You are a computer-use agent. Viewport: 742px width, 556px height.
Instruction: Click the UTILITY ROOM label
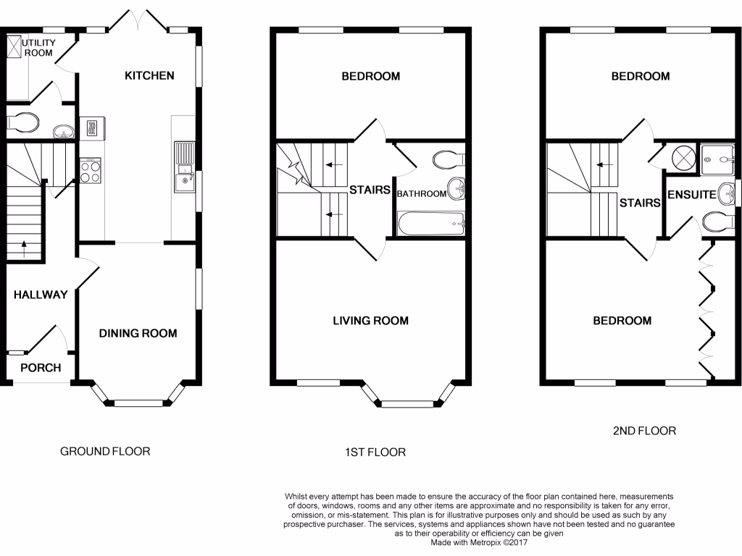tap(38, 48)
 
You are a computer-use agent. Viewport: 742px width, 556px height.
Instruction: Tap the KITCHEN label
tap(149, 75)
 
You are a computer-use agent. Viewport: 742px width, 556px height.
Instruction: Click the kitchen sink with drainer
tap(185, 167)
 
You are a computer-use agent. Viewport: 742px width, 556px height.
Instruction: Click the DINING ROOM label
tap(138, 333)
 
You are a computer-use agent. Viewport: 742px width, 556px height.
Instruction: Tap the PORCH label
tap(41, 368)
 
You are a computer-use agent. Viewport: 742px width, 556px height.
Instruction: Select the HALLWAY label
tap(41, 295)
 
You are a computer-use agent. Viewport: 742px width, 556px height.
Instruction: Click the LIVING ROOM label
tap(370, 321)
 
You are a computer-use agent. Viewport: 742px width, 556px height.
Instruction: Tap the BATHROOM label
tap(421, 193)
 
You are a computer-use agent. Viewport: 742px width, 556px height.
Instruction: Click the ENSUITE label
tap(691, 194)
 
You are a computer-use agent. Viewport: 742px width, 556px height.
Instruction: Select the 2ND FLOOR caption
tap(644, 430)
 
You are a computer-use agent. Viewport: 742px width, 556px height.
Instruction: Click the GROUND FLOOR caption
tap(105, 451)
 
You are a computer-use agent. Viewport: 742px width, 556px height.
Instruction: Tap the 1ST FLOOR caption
tap(375, 452)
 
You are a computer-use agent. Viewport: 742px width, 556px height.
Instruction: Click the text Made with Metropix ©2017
tap(479, 542)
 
